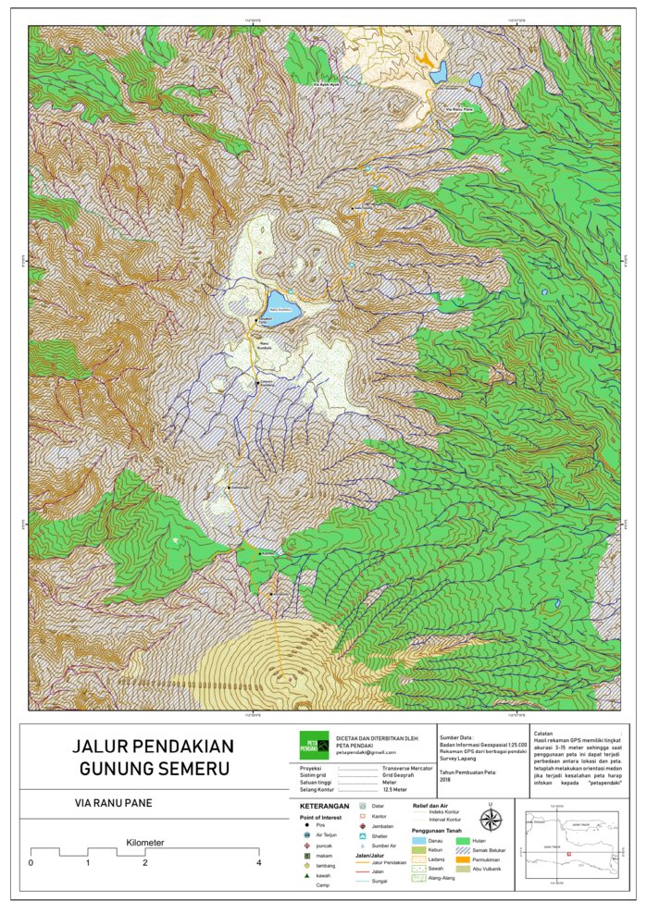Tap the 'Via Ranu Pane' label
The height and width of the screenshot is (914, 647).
click(x=460, y=110)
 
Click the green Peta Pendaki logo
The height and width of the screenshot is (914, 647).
click(x=314, y=746)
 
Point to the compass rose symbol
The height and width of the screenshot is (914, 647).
click(x=491, y=820)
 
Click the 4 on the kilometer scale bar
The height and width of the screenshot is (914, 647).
click(x=258, y=862)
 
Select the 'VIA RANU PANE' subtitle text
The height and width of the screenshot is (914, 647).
click(x=114, y=803)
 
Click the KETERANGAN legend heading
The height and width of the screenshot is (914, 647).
click(x=317, y=806)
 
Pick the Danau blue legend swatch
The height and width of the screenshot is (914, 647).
click(x=421, y=841)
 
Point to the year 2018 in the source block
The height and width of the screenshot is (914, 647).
click(x=445, y=779)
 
